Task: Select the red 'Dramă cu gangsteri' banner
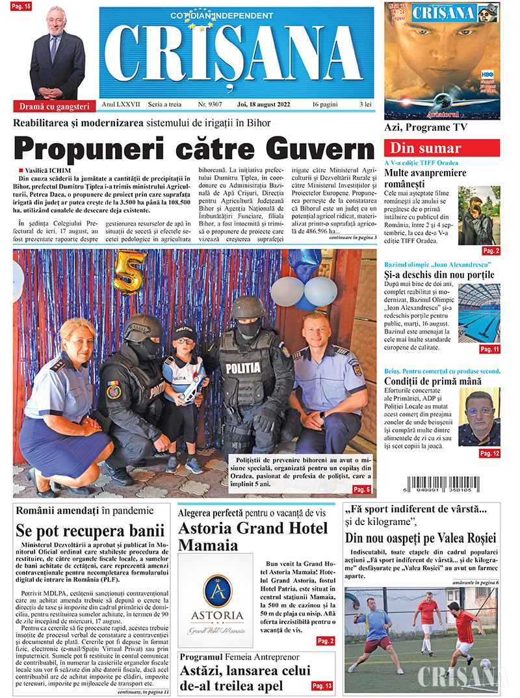click(53, 106)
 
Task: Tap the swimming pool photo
click(479, 313)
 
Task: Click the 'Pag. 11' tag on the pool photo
click(489, 349)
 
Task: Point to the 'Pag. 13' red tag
click(322, 686)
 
